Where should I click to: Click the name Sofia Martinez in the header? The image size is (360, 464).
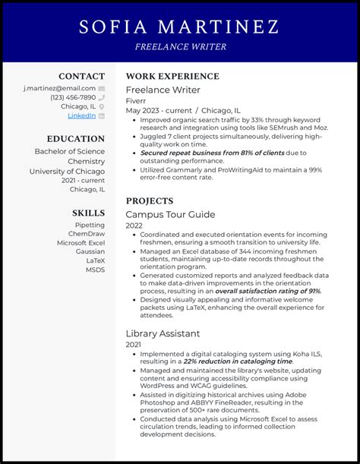tap(179, 27)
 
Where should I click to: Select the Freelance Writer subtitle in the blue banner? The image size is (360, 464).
tap(180, 47)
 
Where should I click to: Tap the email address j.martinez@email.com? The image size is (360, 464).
tap(59, 88)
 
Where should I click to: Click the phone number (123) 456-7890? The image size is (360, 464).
tap(73, 97)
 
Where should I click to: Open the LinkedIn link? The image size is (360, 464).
tap(82, 115)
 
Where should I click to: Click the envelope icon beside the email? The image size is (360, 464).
tap(102, 88)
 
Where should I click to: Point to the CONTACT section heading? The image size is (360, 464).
tap(82, 76)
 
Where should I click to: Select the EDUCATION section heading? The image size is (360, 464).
tap(76, 139)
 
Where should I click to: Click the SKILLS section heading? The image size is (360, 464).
tap(89, 213)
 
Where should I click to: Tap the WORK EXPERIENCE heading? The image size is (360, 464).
tap(172, 76)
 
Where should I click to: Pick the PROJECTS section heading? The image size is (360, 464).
tap(150, 200)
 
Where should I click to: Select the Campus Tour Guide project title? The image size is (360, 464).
tap(170, 215)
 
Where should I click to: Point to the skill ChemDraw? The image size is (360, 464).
tap(87, 234)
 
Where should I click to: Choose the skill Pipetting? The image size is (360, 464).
tap(90, 225)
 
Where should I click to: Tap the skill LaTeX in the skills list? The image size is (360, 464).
tap(95, 260)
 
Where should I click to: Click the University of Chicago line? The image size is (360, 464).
tap(68, 171)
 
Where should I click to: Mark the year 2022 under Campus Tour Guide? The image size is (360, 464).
tap(134, 226)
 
